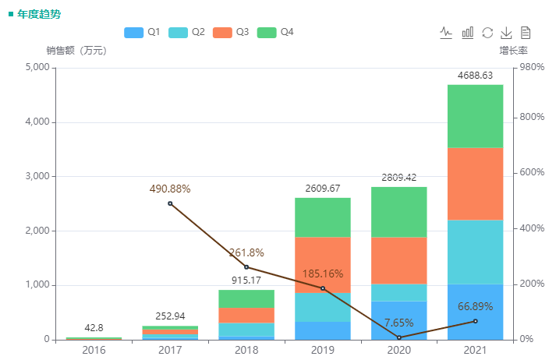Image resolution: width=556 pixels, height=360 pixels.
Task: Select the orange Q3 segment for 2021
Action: (475, 184)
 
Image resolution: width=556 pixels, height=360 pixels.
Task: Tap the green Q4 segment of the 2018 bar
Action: (246, 298)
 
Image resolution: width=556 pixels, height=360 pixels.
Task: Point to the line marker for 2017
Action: (170, 203)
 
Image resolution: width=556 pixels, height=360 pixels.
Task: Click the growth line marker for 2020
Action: (398, 337)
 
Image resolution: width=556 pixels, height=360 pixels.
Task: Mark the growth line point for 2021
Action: (475, 321)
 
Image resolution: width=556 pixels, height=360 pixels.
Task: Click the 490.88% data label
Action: (170, 189)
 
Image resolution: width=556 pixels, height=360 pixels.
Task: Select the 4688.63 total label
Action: (475, 76)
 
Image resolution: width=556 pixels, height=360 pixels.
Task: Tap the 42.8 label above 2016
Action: (94, 328)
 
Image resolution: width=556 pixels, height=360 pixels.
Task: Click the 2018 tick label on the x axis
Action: (246, 351)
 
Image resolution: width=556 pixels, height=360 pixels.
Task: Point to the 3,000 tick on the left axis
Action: (37, 177)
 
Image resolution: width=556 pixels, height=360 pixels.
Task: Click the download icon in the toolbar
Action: (506, 32)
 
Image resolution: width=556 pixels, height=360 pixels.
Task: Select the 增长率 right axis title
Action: (513, 51)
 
